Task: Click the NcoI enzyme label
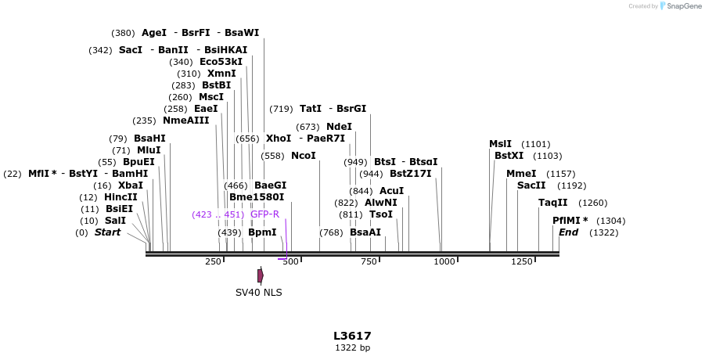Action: pos(304,156)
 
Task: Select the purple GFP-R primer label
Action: pos(264,214)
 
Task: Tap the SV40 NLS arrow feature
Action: pos(261,275)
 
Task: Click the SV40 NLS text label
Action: pos(259,293)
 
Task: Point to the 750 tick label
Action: pos(369,261)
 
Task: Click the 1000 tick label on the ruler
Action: pos(444,261)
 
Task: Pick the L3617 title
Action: pos(352,336)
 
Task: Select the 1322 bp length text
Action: pos(352,347)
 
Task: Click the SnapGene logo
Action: pos(680,6)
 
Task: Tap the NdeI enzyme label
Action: pos(339,127)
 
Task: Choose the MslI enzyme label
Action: pos(500,144)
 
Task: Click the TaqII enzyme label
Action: pos(553,203)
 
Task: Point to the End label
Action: pos(569,232)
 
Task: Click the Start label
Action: pos(108,232)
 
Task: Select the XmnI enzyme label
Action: pos(221,74)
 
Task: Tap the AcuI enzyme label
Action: pos(391,191)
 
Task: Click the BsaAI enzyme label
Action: pos(365,232)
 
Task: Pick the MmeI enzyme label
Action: pos(521,174)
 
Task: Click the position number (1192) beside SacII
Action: pos(571,185)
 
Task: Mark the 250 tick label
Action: pos(214,261)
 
